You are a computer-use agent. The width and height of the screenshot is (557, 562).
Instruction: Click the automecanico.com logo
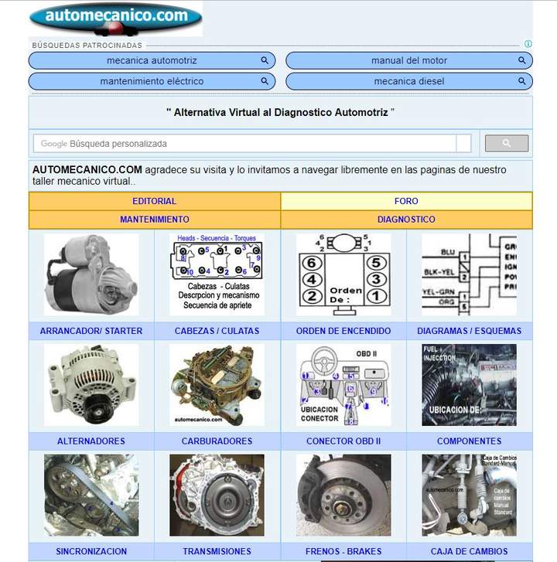[x=116, y=18]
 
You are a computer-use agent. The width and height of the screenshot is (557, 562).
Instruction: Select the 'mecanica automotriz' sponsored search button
[x=152, y=60]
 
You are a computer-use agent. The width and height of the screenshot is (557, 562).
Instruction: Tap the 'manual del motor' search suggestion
[x=408, y=60]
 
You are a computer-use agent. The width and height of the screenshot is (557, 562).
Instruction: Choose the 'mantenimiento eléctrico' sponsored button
[x=152, y=81]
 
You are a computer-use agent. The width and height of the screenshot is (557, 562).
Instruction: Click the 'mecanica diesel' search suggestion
[x=408, y=81]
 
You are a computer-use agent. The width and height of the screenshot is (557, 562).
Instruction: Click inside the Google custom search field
[x=248, y=143]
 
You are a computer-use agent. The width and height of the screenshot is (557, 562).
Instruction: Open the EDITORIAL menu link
[x=154, y=201]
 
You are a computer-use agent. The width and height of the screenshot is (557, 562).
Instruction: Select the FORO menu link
[x=406, y=201]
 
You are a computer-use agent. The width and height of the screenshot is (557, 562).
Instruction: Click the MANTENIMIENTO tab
[x=154, y=220]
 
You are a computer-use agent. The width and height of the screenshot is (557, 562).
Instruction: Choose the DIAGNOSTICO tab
[x=406, y=220]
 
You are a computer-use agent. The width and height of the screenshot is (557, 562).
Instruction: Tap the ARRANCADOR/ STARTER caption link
[x=91, y=331]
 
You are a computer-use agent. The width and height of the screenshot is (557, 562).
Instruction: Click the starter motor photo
[x=91, y=274]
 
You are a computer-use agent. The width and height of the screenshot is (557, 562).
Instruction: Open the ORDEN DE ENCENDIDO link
[x=343, y=331]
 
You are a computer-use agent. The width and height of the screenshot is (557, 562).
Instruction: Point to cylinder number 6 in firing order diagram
[x=311, y=262]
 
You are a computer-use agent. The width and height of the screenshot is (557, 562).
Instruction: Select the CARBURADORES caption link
[x=217, y=441]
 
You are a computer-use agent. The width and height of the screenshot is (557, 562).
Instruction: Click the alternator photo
[x=91, y=385]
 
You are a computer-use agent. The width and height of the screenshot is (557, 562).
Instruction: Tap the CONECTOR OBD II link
[x=343, y=441]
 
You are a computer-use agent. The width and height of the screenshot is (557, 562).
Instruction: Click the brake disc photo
[x=343, y=496]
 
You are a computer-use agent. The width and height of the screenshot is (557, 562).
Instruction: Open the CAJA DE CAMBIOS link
[x=469, y=551]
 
